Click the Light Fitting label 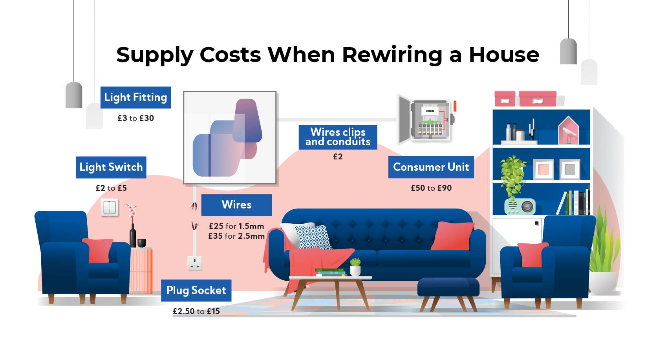click(136, 97)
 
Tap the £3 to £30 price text click(136, 118)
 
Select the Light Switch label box click(111, 167)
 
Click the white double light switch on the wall click(110, 207)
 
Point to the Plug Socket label click(196, 291)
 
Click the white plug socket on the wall click(195, 263)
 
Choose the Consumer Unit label click(431, 167)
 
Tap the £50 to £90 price click(431, 188)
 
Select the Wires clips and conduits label click(338, 137)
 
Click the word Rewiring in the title click(392, 55)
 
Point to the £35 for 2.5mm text click(236, 236)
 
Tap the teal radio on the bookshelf click(520, 206)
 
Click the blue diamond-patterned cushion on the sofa click(313, 237)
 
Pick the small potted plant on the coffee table click(355, 267)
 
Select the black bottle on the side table click(133, 236)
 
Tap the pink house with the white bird click(568, 130)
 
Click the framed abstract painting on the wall click(230, 138)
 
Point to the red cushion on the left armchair click(97, 250)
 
